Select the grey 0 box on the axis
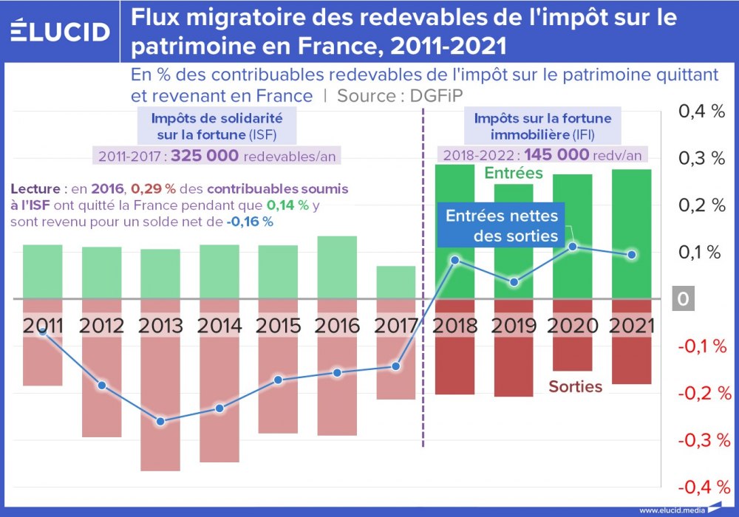pos(683,299)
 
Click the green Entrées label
pos(514,174)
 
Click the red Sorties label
pos(575,386)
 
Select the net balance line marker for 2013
pos(160,422)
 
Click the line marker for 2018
pos(454,260)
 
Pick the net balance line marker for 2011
pos(43,332)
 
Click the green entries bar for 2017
pos(396,282)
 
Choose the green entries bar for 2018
pos(454,222)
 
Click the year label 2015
pos(278,326)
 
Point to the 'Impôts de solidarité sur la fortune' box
pos(217,126)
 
